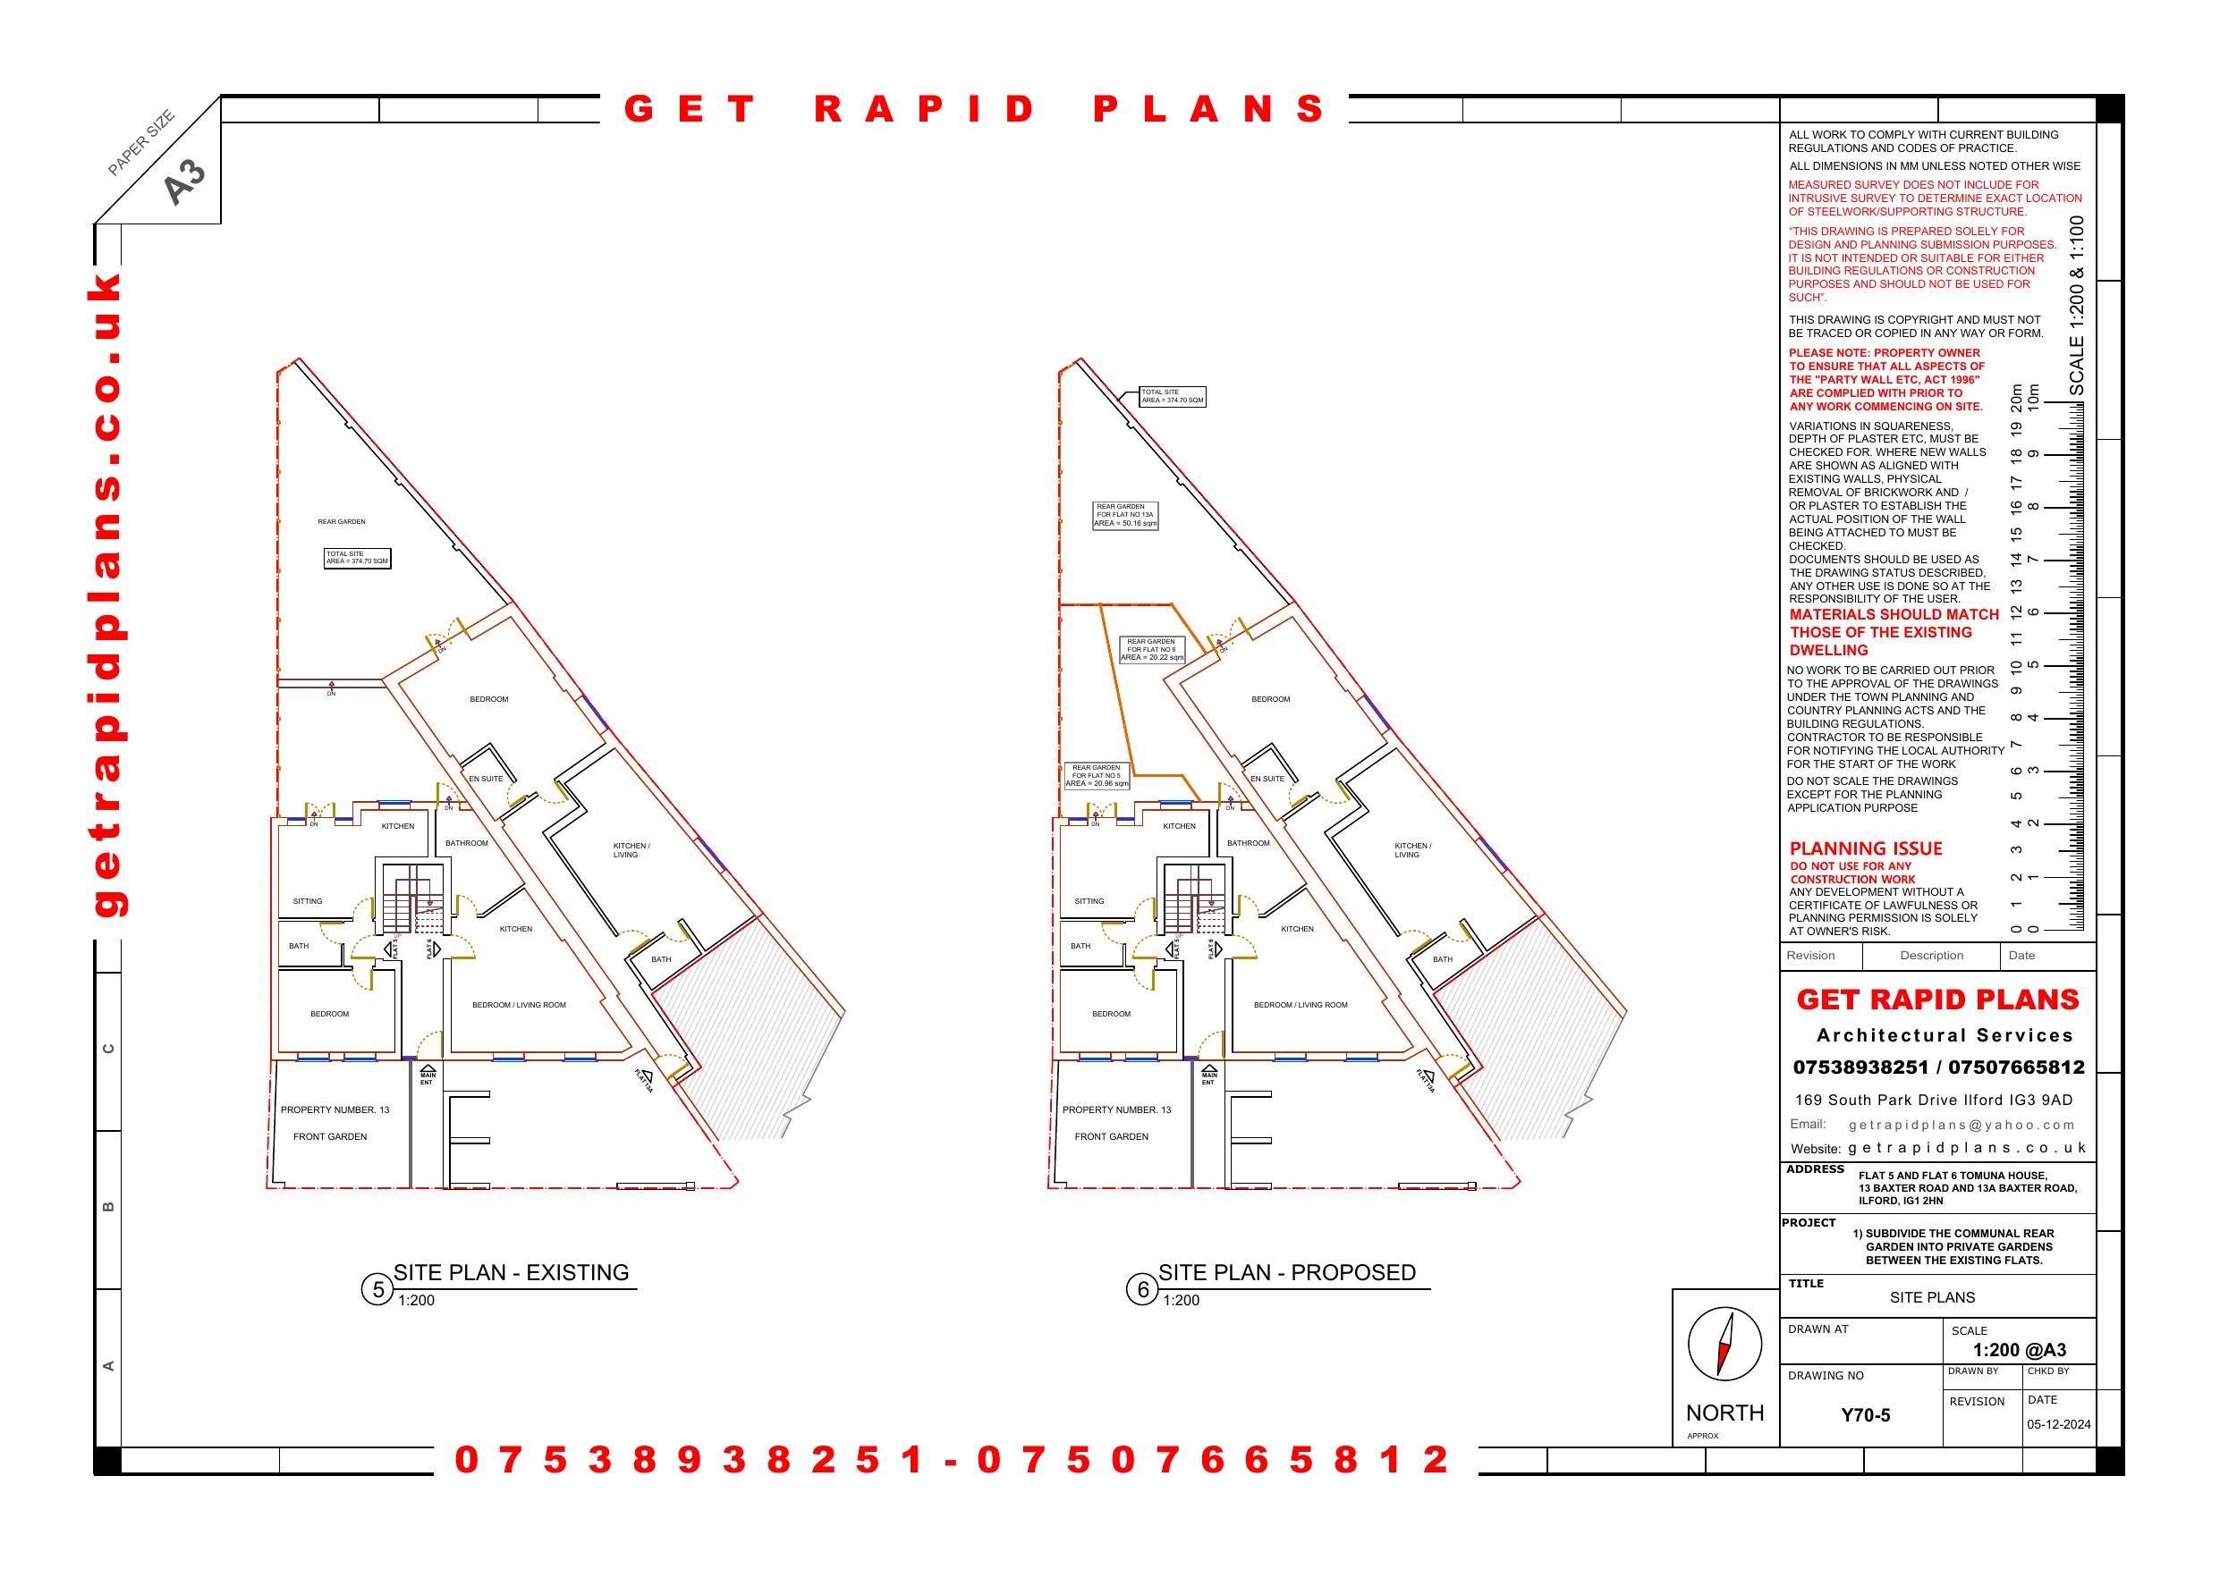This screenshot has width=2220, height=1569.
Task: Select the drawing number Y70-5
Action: click(x=1865, y=1415)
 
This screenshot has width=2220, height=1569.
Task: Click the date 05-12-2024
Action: click(x=2058, y=1424)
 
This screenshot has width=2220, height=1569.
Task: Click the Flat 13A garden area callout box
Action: click(x=1124, y=515)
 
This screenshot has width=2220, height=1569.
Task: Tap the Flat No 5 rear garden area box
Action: click(x=1097, y=775)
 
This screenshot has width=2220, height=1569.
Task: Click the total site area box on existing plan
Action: click(x=357, y=558)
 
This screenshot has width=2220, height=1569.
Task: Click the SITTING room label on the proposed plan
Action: click(x=1089, y=901)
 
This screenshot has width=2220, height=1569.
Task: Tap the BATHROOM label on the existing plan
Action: click(x=466, y=843)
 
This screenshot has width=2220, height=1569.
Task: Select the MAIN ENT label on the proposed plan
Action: click(x=1208, y=1078)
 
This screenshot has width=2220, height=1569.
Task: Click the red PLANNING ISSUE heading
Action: click(x=1865, y=848)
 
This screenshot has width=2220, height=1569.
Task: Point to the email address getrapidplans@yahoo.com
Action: click(x=1962, y=1125)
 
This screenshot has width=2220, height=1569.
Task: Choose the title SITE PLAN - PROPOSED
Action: click(x=1286, y=1272)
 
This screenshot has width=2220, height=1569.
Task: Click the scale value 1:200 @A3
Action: click(x=2019, y=1351)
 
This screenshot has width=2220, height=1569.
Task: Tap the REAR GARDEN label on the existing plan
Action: click(x=342, y=522)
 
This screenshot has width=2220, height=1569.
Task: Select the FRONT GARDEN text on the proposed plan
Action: click(x=1111, y=1137)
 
